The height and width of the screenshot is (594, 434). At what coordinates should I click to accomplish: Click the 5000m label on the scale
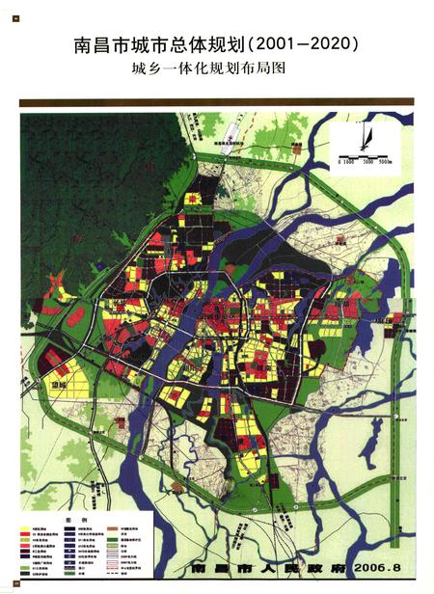[x=383, y=162]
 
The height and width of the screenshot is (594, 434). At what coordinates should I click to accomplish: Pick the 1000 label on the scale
[x=348, y=162]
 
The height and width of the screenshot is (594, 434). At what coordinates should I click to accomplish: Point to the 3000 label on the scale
[x=365, y=162]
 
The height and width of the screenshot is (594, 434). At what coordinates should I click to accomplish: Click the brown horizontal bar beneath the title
[x=216, y=101]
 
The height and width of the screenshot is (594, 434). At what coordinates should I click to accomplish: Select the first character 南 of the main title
[x=83, y=44]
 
